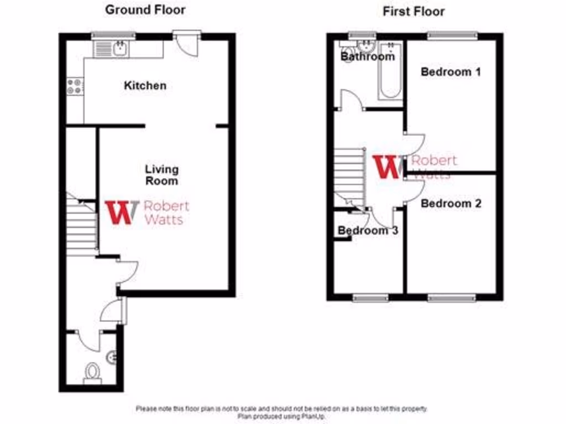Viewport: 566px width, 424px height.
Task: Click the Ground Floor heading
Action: [145, 9]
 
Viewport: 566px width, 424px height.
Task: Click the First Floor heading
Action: [414, 12]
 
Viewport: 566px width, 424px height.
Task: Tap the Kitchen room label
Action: [145, 86]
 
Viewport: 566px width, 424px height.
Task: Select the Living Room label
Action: [161, 174]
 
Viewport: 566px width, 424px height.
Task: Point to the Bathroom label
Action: [368, 56]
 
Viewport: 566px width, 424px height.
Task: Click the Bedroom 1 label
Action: [450, 72]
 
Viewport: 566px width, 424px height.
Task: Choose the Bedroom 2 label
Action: [450, 204]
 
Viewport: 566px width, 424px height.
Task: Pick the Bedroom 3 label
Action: [368, 231]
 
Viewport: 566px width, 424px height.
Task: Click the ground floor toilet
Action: [92, 373]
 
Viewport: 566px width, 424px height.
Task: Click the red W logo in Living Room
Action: [122, 211]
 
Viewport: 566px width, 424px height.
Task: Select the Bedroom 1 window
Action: [452, 35]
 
